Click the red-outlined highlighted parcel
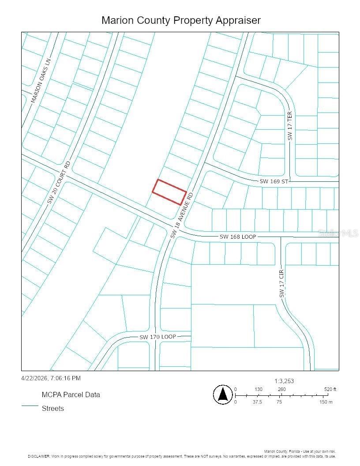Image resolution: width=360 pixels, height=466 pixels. coord(169,192)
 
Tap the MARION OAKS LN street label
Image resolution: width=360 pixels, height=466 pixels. coord(41,81)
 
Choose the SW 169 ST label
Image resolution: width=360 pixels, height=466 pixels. coord(274,181)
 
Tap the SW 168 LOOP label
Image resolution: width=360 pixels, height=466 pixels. coord(238,237)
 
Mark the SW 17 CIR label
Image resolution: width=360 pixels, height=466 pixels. coord(281,283)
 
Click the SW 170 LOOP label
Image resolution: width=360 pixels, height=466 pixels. coord(157,337)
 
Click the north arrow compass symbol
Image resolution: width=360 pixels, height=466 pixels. coord(223,394)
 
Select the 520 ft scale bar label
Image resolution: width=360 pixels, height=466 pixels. coord(330,389)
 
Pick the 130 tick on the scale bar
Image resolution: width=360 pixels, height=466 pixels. coord(259,389)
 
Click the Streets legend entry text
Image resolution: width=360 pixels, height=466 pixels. coord(52,408)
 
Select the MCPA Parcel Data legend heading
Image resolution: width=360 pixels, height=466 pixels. coord(71,395)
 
